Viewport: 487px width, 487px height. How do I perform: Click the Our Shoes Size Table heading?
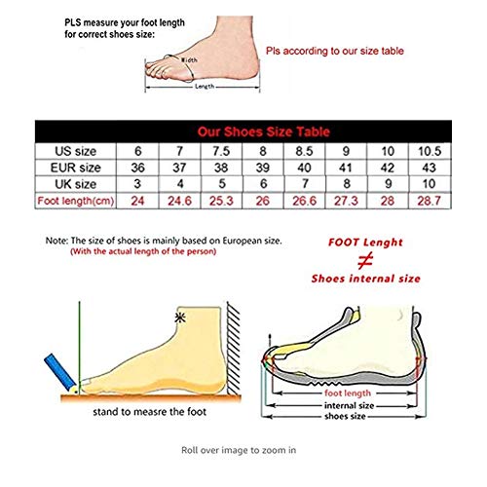pyautogui.click(x=264, y=131)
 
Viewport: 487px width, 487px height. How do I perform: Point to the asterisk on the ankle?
pyautogui.click(x=179, y=318)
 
